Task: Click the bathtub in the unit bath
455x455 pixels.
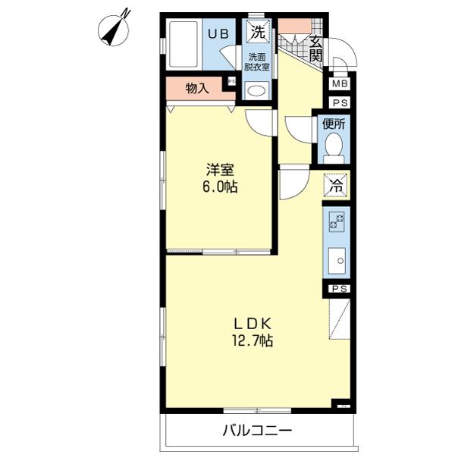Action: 182,45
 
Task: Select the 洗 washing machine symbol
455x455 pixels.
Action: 258,33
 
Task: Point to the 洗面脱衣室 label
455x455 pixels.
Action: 257,62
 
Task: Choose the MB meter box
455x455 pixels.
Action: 339,84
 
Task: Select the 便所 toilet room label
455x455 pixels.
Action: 334,123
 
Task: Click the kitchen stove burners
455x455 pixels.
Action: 336,221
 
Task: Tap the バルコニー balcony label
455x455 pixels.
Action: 257,431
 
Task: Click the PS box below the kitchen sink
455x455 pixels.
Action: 339,288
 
